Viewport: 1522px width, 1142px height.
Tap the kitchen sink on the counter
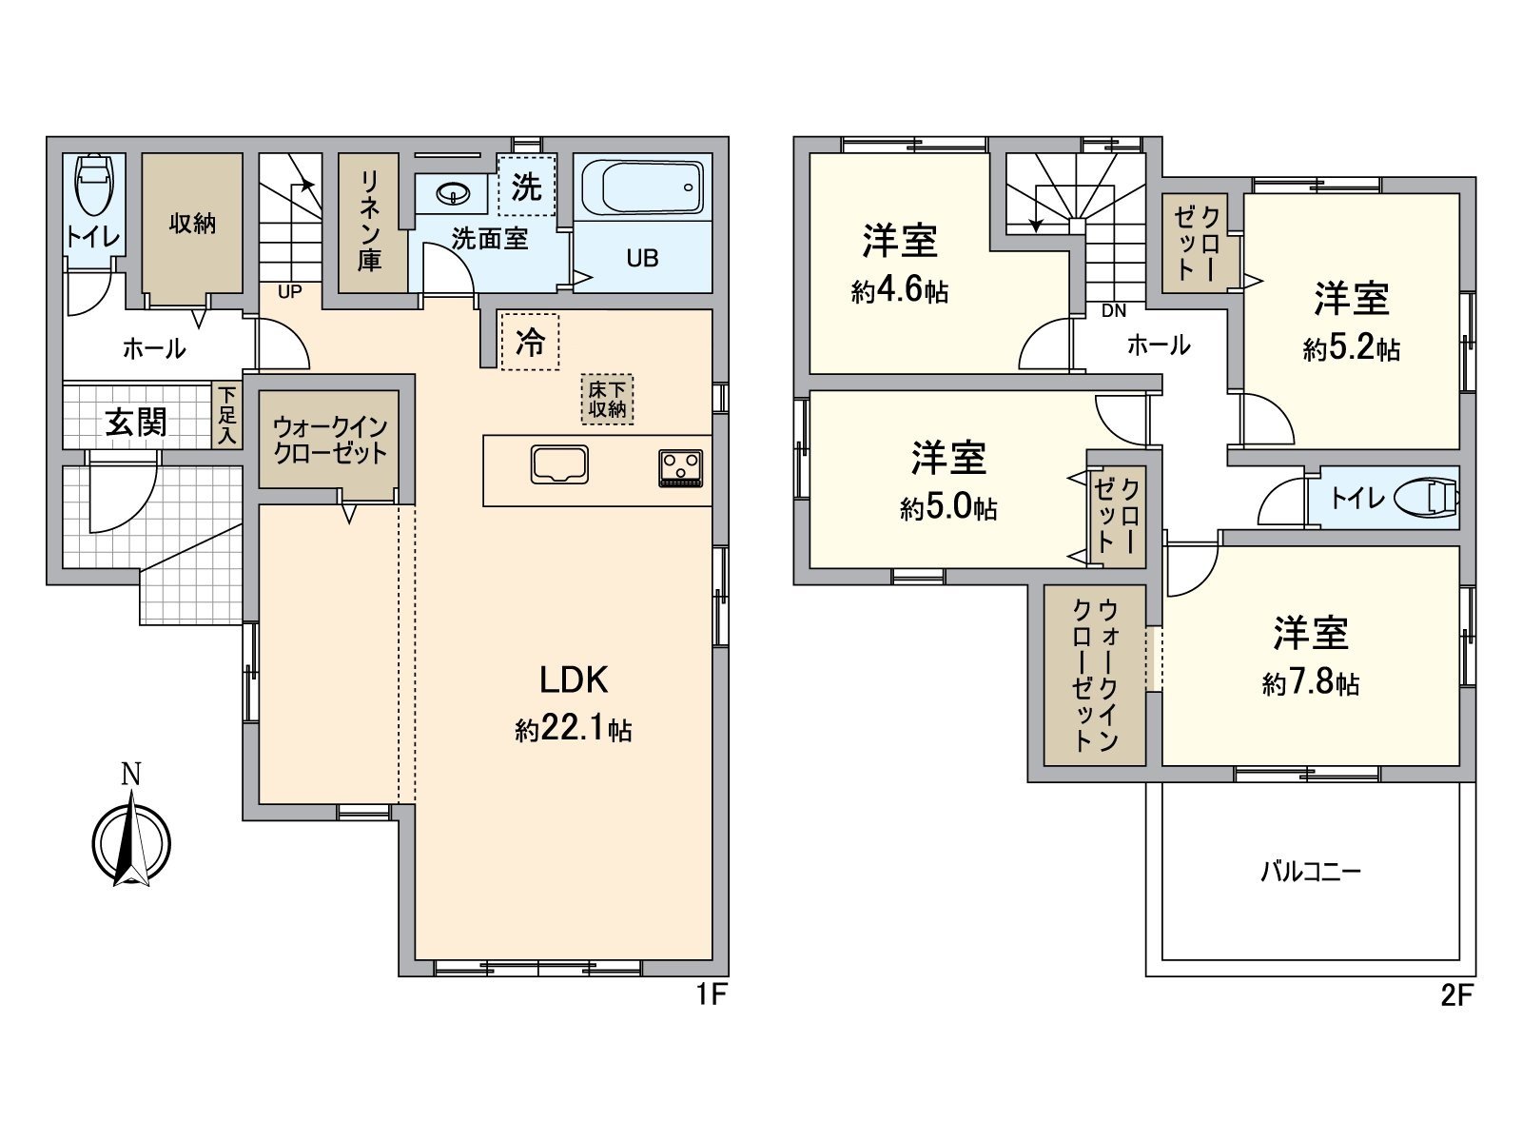[560, 464]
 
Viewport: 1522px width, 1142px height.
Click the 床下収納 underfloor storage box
[607, 400]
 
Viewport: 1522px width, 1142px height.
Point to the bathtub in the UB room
[641, 187]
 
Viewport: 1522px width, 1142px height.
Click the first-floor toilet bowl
[93, 186]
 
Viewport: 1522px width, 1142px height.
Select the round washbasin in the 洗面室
[456, 195]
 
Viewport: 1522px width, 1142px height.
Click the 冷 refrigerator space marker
[530, 342]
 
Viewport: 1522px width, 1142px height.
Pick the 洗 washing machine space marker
[526, 187]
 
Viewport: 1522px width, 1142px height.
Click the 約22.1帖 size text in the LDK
[574, 730]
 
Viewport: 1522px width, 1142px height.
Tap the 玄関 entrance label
[136, 422]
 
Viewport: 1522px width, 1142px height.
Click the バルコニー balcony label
[1311, 871]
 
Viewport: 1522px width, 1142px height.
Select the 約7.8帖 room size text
[1311, 683]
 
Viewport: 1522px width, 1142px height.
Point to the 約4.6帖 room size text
[899, 291]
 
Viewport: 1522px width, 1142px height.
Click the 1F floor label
[711, 995]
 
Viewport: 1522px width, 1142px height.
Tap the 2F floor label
[1456, 995]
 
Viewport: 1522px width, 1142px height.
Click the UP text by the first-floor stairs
[289, 292]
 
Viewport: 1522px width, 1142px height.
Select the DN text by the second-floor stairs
[1113, 311]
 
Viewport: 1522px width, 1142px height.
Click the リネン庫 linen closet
[370, 222]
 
